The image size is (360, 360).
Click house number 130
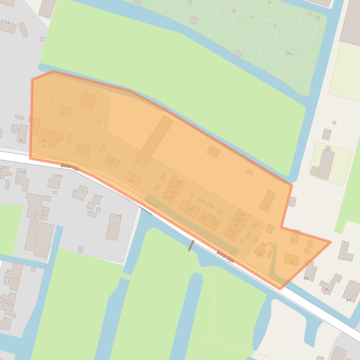tap(19, 140)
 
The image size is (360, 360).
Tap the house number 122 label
tap(81, 153)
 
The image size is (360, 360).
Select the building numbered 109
tap(118, 216)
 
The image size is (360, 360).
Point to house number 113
tap(84, 192)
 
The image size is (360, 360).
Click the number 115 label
tap(59, 176)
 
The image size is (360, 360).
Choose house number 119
tap(21, 173)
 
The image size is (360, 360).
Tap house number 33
tap(7, 22)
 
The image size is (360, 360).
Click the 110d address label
tap(177, 182)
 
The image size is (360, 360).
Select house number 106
tap(189, 209)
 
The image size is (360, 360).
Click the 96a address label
tap(230, 236)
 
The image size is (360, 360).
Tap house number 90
tap(293, 263)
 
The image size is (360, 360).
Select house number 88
tap(307, 278)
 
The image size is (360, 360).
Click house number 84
tap(349, 300)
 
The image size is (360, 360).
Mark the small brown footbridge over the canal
tap(191, 245)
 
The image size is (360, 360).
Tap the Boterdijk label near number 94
tap(225, 256)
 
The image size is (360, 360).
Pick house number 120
tap(111, 161)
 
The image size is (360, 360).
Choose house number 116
tap(130, 180)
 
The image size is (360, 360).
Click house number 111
tap(100, 197)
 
